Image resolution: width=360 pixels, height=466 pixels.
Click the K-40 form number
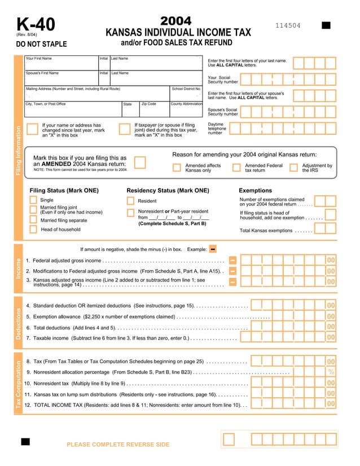pos(36,25)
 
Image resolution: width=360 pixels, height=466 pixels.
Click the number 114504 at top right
pos(288,26)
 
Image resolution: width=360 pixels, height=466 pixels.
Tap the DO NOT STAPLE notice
pos(41,44)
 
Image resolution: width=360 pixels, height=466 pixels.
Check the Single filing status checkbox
pos(33,200)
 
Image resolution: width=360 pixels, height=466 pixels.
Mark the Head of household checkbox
pos(33,230)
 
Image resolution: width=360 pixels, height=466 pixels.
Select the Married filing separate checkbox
pos(33,220)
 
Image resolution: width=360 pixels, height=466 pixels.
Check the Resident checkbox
pos(130,201)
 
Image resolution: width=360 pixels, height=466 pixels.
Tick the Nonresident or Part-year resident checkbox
pos(130,212)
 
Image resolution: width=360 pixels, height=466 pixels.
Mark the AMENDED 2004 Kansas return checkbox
pos(139,162)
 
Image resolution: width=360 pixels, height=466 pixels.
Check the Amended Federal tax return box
pos(236,167)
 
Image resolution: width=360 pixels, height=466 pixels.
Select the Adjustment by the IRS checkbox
pos(293,167)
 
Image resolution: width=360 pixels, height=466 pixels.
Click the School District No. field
pos(186,95)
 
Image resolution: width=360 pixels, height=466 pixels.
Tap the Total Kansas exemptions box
pos(326,229)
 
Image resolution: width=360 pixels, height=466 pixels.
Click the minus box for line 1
pos(232,261)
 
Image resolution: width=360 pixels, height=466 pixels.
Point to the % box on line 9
pos(331,372)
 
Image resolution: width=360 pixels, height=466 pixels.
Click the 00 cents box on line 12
pos(331,404)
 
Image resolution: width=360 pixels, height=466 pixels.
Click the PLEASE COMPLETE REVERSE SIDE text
pos(118,445)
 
